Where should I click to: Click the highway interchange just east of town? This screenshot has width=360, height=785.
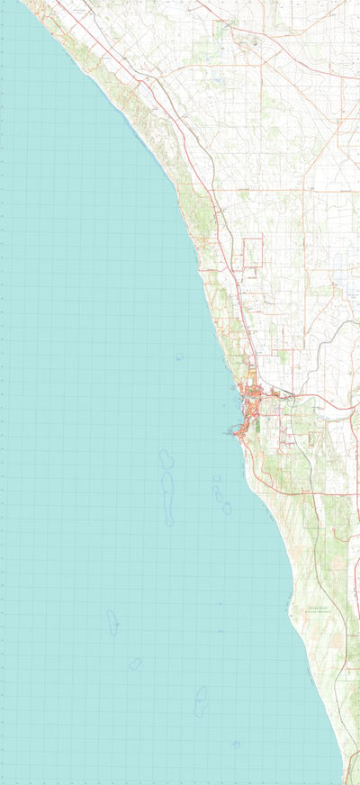click(287, 395)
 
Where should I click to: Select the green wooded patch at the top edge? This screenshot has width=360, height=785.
click(225, 23)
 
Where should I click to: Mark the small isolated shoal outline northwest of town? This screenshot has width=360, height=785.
click(178, 356)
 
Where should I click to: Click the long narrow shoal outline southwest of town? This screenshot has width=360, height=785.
click(168, 498)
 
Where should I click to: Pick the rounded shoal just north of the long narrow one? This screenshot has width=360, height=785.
click(166, 459)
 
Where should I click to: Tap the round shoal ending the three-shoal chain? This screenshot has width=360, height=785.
click(227, 508)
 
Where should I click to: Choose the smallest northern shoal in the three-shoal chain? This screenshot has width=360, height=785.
click(216, 479)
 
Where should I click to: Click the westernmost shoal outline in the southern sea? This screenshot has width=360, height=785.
click(112, 622)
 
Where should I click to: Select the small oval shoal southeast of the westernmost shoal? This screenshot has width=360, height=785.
click(135, 663)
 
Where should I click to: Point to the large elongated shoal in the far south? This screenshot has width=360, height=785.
click(201, 700)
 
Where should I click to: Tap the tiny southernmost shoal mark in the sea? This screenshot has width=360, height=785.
click(236, 744)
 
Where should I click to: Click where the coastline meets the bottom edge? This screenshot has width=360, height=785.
click(344, 781)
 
